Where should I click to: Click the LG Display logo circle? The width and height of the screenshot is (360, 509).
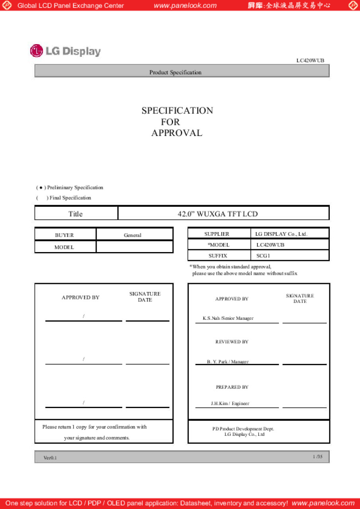[x=36, y=51]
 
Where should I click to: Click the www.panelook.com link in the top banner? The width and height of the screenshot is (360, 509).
[x=185, y=6]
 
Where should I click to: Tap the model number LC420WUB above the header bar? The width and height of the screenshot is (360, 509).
[x=310, y=60]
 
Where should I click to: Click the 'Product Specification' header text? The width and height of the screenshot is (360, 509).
[x=175, y=72]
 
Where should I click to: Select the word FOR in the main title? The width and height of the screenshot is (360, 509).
[x=170, y=122]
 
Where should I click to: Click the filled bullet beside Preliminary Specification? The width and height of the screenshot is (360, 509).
[x=41, y=188]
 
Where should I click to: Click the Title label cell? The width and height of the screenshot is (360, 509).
[x=76, y=214]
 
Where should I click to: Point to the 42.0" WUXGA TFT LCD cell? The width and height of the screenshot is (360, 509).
[x=218, y=214]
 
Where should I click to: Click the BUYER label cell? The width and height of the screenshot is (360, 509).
[x=64, y=235]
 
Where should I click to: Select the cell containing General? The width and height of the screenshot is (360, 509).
[x=132, y=235]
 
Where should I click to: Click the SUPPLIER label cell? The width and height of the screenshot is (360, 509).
[x=217, y=234]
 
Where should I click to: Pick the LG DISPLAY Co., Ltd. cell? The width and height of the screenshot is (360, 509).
[x=281, y=234]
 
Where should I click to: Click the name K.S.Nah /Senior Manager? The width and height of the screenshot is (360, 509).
[x=228, y=318]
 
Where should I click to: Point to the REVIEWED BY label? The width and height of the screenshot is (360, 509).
[x=232, y=342]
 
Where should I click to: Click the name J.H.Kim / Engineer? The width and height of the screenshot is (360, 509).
[x=230, y=403]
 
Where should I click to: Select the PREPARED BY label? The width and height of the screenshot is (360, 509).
[x=232, y=387]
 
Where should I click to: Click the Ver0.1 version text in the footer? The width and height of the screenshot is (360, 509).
[x=50, y=458]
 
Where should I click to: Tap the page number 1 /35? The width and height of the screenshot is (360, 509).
[x=317, y=457]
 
